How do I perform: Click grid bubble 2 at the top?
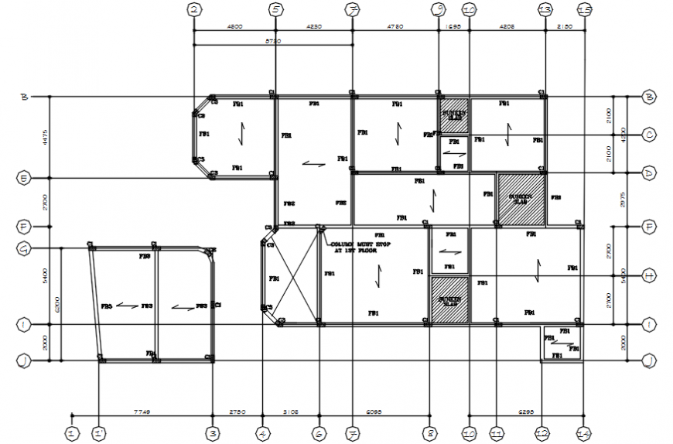(194, 9)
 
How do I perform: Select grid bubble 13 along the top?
(545, 9)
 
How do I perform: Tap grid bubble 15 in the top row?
(584, 9)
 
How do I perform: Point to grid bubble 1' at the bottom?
(99, 434)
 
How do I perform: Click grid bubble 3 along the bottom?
(212, 434)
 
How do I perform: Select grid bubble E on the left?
(24, 179)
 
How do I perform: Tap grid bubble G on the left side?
(24, 248)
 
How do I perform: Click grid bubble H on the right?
(649, 275)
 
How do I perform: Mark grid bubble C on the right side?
(649, 135)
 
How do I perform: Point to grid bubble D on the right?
(649, 173)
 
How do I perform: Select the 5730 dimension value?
(272, 40)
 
